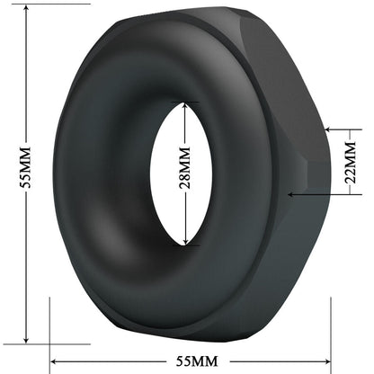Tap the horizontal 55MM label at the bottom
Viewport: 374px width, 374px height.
coord(191,361)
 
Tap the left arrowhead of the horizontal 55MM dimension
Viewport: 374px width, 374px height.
coord(54,361)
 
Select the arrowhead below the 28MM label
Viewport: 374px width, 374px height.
coord(185,241)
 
